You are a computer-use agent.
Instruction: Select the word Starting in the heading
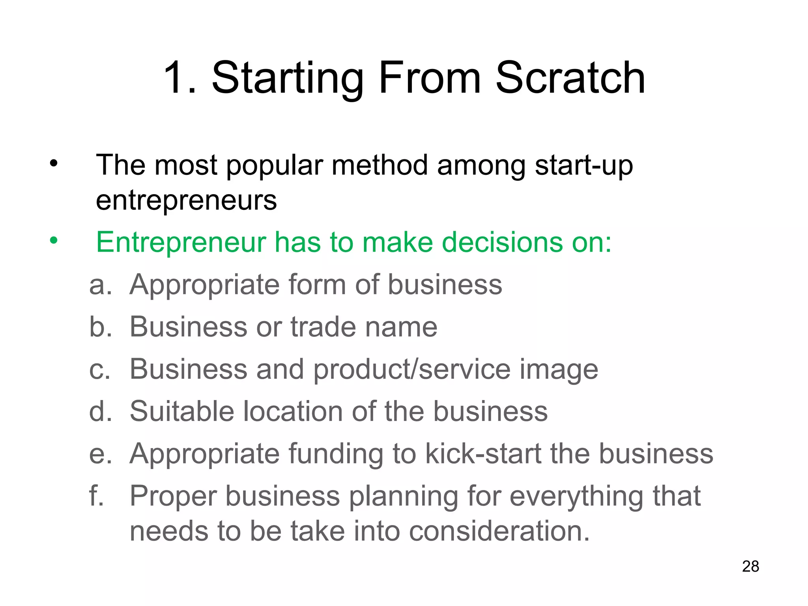[x=288, y=79]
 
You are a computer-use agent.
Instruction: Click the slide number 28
[x=750, y=566]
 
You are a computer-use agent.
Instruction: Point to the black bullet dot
[x=54, y=163]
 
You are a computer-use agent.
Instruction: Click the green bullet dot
[x=54, y=240]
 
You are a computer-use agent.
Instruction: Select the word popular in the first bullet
[x=275, y=166]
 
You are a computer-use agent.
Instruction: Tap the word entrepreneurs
[x=186, y=201]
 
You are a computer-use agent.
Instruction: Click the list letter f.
[x=96, y=496]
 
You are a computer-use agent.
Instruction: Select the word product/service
[x=411, y=370]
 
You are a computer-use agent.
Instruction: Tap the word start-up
[x=584, y=166]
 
